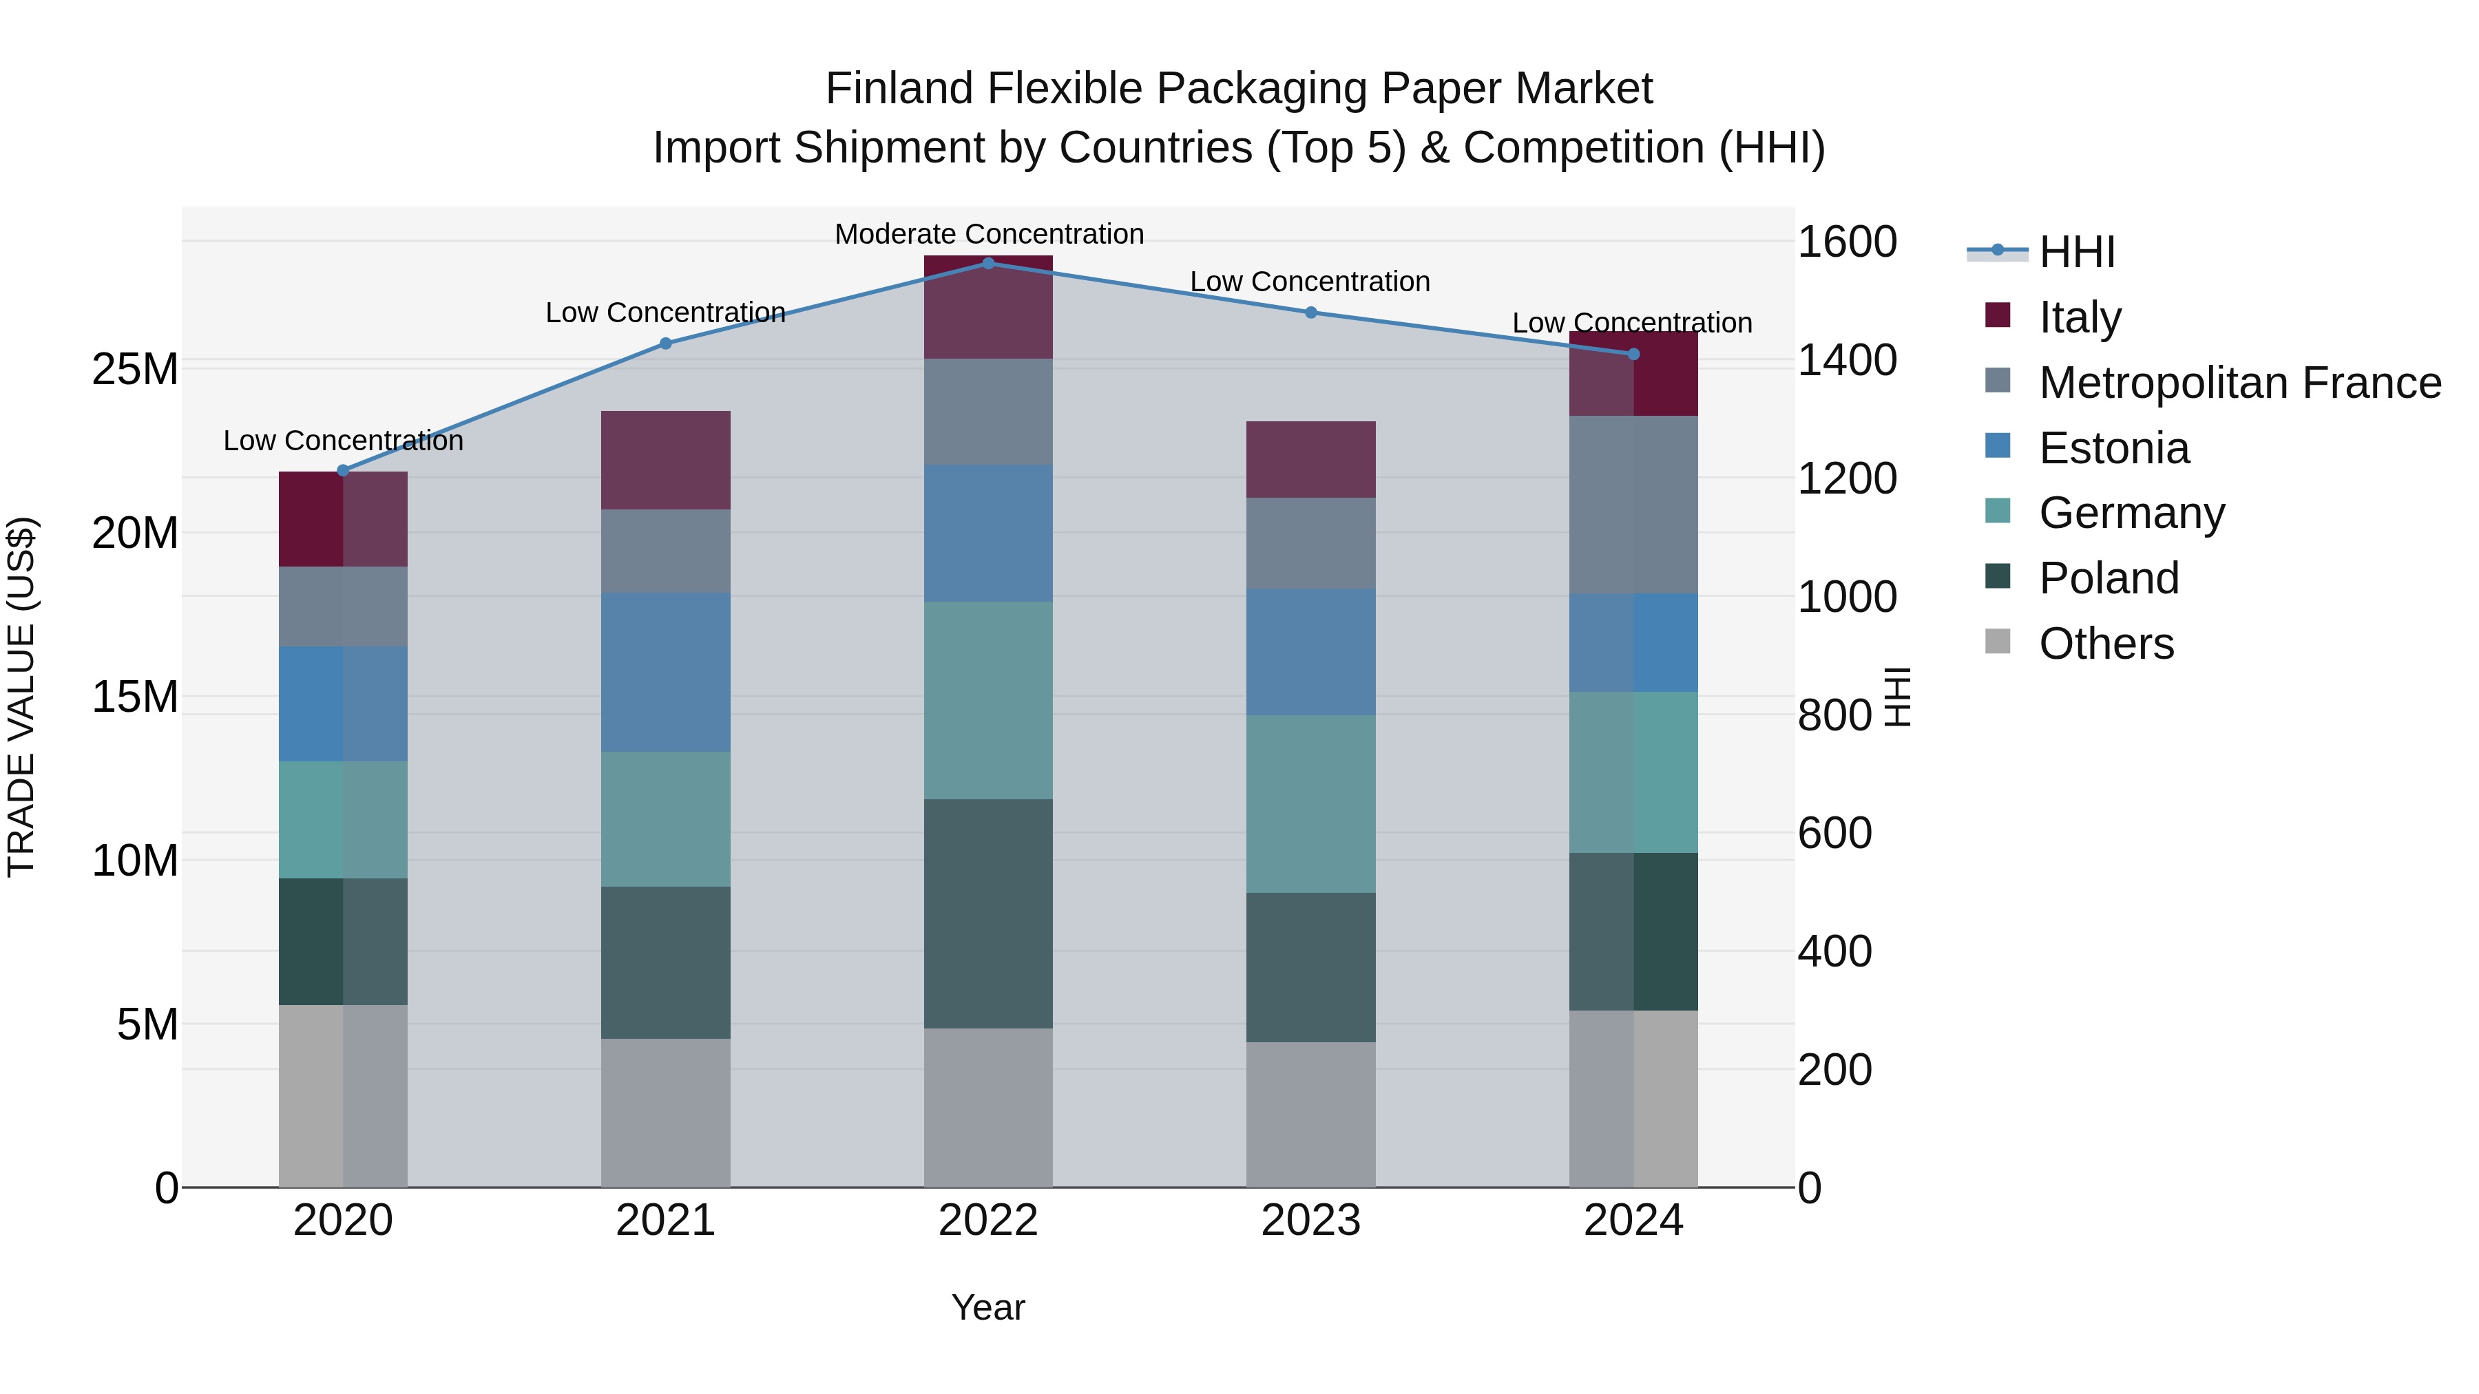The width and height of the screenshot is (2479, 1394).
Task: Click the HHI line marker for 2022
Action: click(x=987, y=263)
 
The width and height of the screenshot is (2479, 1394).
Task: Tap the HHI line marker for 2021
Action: click(x=665, y=344)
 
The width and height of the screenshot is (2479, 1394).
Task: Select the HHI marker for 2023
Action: click(x=1310, y=313)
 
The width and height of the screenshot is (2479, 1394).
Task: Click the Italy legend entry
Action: click(x=2080, y=317)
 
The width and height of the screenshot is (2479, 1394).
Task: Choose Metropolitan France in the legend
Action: click(x=2239, y=382)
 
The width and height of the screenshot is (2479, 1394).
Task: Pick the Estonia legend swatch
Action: click(x=1998, y=446)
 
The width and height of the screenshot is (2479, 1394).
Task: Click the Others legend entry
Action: click(x=2106, y=643)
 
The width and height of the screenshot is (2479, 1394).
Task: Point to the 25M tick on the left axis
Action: click(x=135, y=368)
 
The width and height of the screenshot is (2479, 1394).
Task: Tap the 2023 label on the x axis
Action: click(x=1310, y=1221)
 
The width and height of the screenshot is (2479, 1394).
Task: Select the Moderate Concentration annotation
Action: click(x=988, y=234)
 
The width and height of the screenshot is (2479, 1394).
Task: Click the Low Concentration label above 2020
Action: click(x=343, y=441)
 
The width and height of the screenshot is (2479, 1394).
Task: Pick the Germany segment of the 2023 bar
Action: click(x=1310, y=803)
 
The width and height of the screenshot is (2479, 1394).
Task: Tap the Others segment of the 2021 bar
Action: click(x=665, y=1112)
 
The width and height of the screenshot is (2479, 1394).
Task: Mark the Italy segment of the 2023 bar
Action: click(x=1310, y=459)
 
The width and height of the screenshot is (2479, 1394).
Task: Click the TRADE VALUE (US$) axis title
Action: click(x=21, y=697)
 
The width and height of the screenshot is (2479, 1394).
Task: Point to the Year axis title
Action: click(x=987, y=1307)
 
